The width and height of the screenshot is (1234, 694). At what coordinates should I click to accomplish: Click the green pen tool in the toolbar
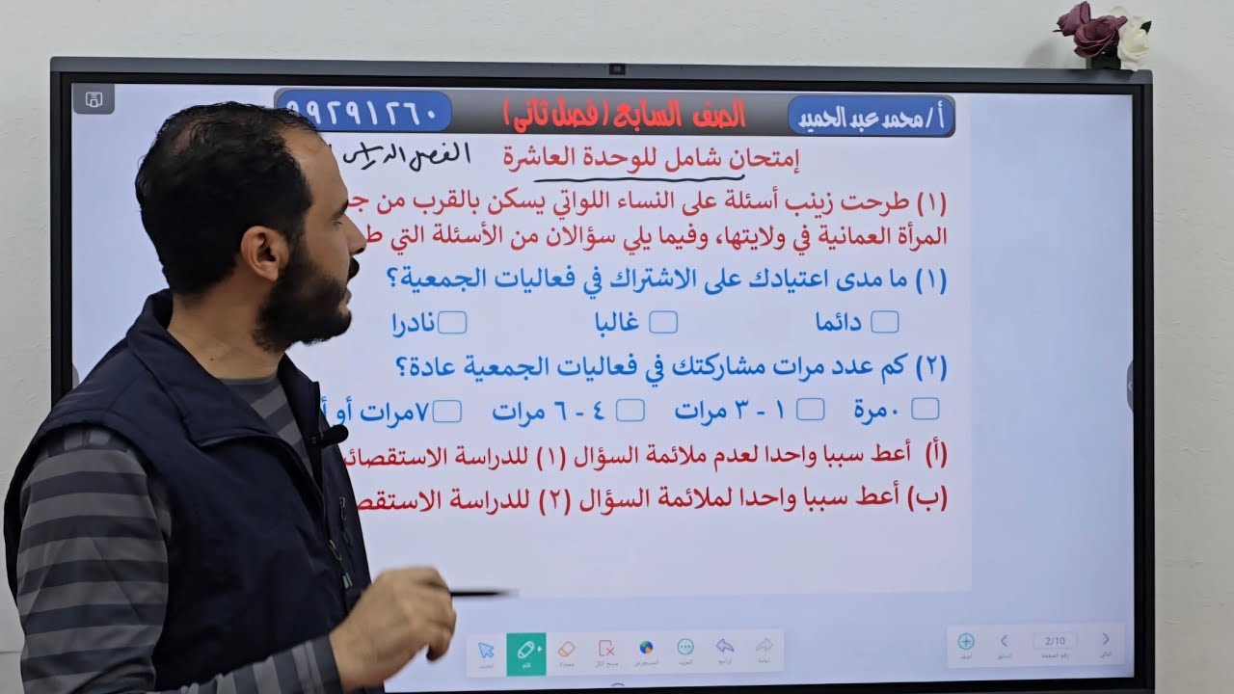click(x=526, y=651)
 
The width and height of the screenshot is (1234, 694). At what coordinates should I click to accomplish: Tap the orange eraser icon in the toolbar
click(x=567, y=649)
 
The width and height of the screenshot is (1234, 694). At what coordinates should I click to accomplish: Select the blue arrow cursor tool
click(x=487, y=651)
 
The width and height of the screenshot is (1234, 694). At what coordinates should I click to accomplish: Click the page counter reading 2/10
click(x=1055, y=640)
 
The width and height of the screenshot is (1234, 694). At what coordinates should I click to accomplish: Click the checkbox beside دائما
click(x=884, y=322)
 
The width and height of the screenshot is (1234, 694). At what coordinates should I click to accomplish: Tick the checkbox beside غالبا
click(x=663, y=322)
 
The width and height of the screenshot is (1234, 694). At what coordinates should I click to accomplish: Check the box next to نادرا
click(x=452, y=322)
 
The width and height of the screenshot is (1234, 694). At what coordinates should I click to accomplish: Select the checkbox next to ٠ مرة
click(x=925, y=410)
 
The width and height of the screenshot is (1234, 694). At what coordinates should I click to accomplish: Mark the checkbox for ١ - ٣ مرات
click(x=811, y=411)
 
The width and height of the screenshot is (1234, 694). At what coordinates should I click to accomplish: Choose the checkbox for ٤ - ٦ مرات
click(x=630, y=411)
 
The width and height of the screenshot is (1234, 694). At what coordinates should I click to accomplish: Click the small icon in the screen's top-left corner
click(x=94, y=99)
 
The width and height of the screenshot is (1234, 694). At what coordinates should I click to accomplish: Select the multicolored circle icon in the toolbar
click(x=646, y=648)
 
